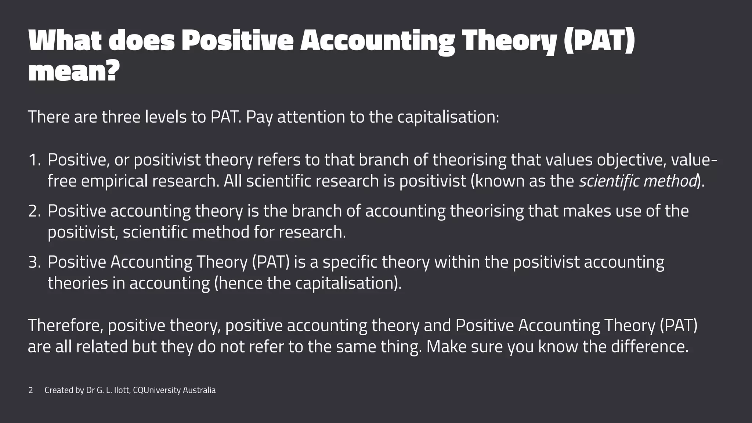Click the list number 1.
(x=35, y=160)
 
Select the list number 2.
(x=35, y=211)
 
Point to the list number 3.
(x=35, y=262)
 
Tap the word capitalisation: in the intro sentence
(x=448, y=117)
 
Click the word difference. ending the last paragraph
(x=650, y=347)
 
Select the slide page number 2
(x=31, y=390)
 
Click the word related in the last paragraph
(x=102, y=347)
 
